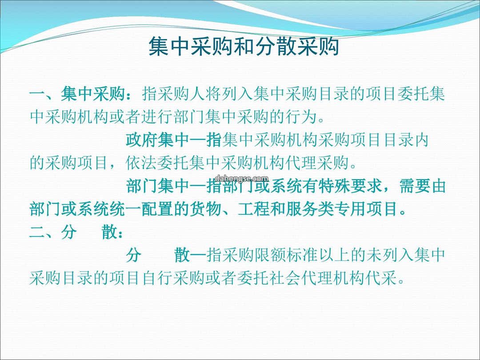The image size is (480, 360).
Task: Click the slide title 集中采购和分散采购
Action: point(244,47)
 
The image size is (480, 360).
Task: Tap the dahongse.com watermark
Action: point(242,178)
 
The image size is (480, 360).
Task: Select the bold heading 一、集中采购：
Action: point(82,93)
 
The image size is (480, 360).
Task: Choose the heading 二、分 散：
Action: point(76,232)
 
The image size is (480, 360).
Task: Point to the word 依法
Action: point(142,163)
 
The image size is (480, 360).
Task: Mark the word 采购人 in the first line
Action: point(182,93)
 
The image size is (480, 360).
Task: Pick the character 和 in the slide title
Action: point(244,47)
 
